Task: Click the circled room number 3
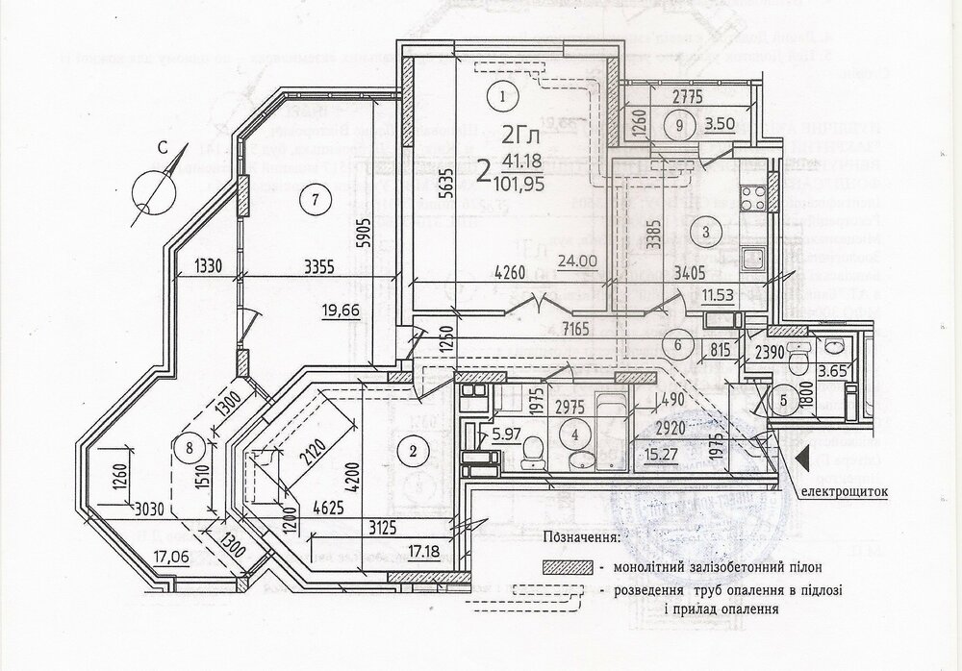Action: [x=705, y=231]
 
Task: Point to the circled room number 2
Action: [x=413, y=448]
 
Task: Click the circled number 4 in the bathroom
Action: [x=575, y=434]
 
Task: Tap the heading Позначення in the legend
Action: [x=582, y=537]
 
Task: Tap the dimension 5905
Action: [x=363, y=235]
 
